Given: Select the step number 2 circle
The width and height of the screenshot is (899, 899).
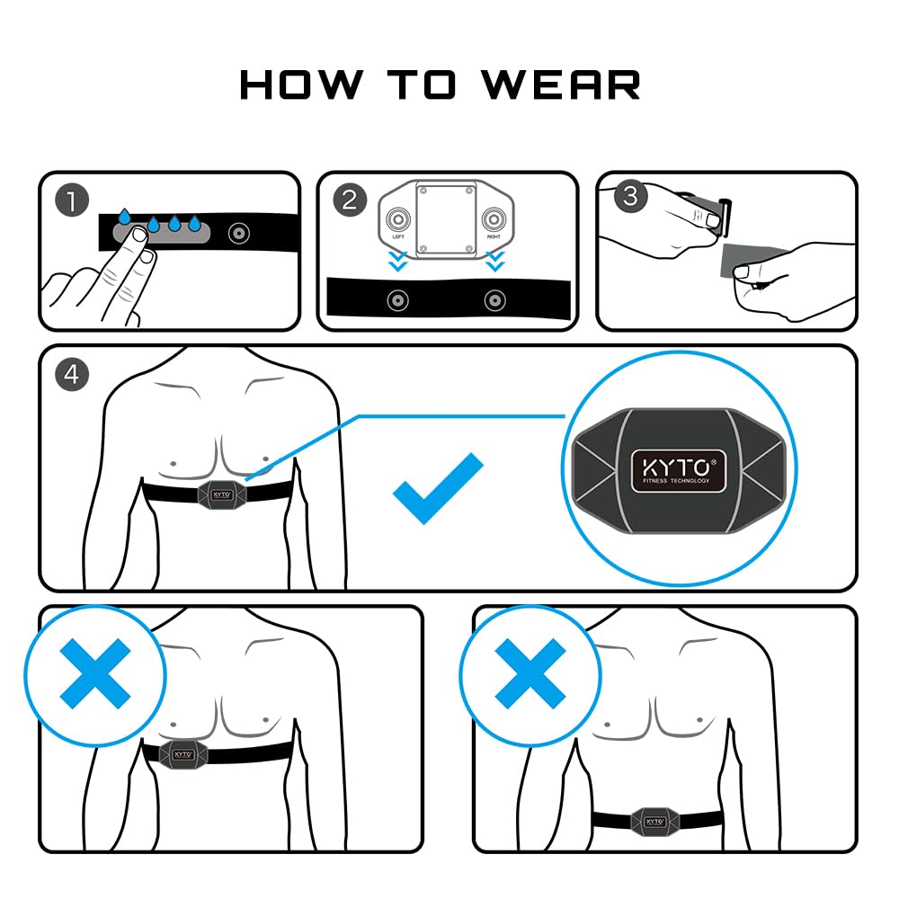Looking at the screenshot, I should pyautogui.click(x=350, y=200).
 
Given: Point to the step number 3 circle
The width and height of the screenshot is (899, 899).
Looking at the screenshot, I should pyautogui.click(x=629, y=196).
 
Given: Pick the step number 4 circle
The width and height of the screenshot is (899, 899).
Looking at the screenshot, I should pyautogui.click(x=72, y=374).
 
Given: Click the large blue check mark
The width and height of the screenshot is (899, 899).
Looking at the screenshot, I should pyautogui.click(x=438, y=488).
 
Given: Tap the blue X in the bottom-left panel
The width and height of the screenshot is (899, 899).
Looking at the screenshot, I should pyautogui.click(x=94, y=673).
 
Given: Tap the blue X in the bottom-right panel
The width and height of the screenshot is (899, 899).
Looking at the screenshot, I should pyautogui.click(x=530, y=673).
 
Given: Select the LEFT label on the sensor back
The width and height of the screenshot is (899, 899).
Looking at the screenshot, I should pyautogui.click(x=398, y=237).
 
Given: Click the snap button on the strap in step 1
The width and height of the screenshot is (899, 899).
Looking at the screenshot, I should pyautogui.click(x=238, y=233).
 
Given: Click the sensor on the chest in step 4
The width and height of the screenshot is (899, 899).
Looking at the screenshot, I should pyautogui.click(x=221, y=491).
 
